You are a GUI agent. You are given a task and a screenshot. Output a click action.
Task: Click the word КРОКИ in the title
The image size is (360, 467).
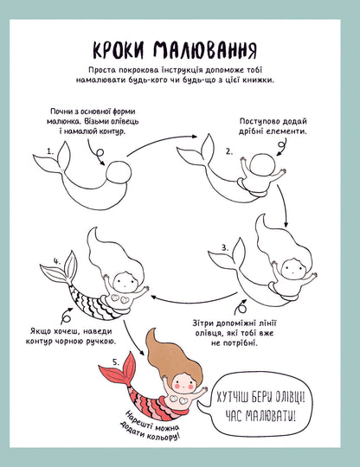click(x=119, y=50)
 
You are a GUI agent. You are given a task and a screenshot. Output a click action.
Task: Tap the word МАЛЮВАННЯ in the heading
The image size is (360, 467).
click(x=205, y=49)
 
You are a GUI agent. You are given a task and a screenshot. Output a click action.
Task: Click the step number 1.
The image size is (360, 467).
click(x=50, y=151)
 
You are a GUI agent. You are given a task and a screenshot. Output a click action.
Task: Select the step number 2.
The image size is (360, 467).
click(x=228, y=151)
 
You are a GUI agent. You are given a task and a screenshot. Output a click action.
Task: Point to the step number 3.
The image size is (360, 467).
click(x=225, y=247)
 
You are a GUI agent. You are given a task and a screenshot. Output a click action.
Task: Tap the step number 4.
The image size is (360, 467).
click(x=57, y=261)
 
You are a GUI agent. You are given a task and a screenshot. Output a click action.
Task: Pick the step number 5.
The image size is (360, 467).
click(x=116, y=362)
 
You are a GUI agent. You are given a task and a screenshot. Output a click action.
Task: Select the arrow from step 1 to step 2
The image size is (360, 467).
click(x=161, y=142)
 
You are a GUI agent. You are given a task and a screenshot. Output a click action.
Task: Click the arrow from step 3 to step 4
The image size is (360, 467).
click(x=194, y=302)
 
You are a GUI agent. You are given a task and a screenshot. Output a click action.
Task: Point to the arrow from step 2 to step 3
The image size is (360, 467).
click(x=284, y=206)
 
